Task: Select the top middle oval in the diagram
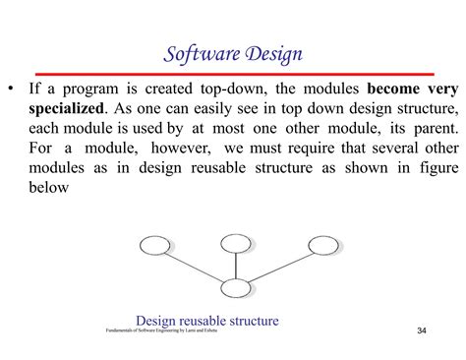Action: click(236, 242)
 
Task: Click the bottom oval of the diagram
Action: click(237, 288)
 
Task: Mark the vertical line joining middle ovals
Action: click(236, 266)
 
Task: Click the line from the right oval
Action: click(281, 266)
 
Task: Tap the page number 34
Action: click(422, 329)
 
